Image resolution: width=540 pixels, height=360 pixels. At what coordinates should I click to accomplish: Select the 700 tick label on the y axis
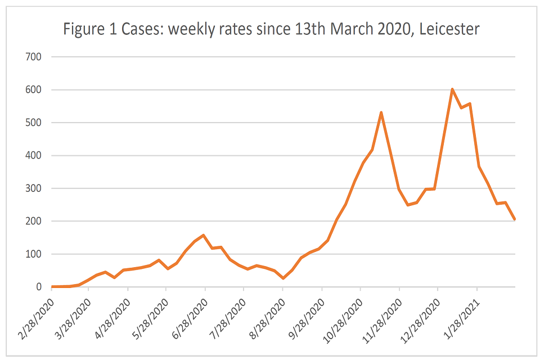(x=34, y=57)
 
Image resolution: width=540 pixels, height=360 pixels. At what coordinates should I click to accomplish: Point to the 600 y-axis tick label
(x=34, y=90)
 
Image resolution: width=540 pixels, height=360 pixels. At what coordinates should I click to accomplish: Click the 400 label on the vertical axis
(x=34, y=156)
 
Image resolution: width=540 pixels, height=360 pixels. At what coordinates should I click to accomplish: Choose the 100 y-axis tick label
(x=34, y=254)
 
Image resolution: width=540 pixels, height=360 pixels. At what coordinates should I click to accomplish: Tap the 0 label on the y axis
(x=39, y=287)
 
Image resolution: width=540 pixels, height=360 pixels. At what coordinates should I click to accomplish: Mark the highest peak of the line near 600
(x=452, y=89)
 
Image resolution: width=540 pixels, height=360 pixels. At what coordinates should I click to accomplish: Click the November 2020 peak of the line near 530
(x=381, y=112)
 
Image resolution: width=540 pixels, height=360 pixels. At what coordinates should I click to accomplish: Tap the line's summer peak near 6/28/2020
(x=203, y=235)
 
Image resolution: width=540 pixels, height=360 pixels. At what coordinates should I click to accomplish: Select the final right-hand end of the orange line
(x=514, y=219)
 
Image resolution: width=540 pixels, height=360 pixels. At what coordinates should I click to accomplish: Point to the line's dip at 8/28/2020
(x=283, y=278)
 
